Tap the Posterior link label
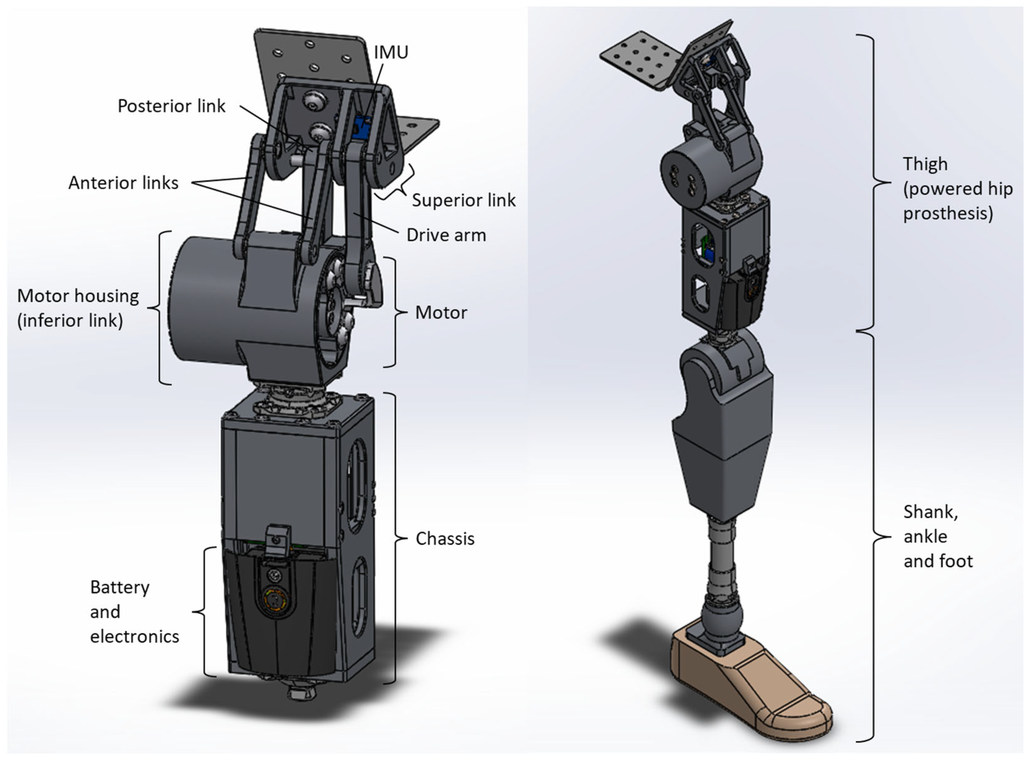171,106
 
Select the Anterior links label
123,183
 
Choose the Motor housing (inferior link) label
78,307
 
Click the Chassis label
445,538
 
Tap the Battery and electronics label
134,612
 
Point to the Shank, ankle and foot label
937,536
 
